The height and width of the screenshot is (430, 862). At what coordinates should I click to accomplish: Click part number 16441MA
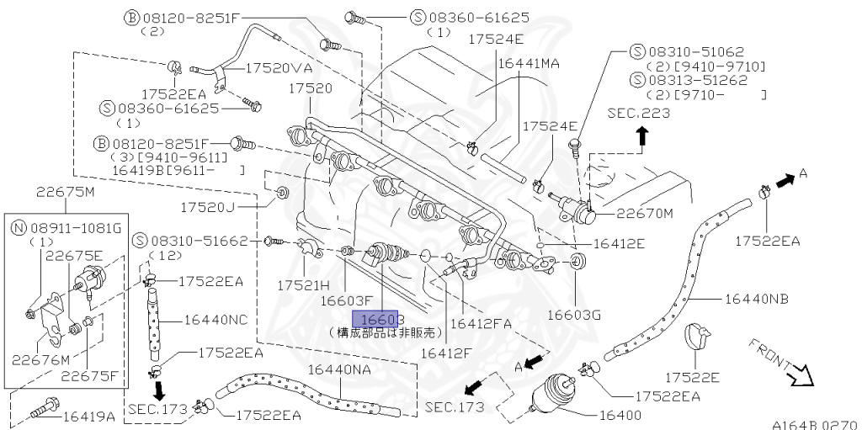529,63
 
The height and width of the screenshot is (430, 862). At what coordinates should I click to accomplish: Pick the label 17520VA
279,68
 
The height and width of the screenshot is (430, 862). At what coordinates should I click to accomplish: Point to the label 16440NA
340,369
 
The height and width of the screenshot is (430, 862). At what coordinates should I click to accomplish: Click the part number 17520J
231,204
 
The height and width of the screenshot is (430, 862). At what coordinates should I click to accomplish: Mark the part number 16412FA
482,321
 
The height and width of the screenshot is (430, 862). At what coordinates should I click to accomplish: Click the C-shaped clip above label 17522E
699,337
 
